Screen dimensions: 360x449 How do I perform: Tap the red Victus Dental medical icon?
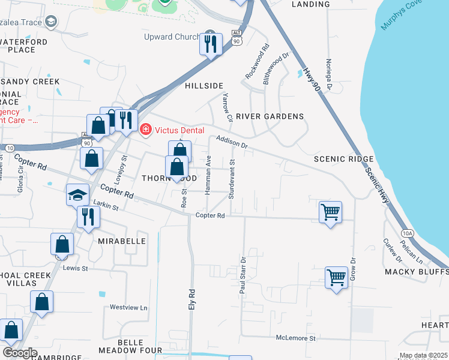point(145,129)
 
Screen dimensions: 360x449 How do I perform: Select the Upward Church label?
point(172,37)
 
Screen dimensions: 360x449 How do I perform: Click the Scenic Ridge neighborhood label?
point(344,159)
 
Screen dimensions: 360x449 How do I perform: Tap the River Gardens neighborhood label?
point(270,116)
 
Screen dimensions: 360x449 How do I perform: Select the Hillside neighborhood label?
point(204,86)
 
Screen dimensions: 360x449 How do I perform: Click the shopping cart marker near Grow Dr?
point(336,277)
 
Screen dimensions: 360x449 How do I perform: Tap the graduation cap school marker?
point(77,194)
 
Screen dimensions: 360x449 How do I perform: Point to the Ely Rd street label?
point(192,297)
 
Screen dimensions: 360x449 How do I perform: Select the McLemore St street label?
point(295,338)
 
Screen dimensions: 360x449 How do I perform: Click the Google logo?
point(20,353)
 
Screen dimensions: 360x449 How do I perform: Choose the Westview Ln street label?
point(128,307)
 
